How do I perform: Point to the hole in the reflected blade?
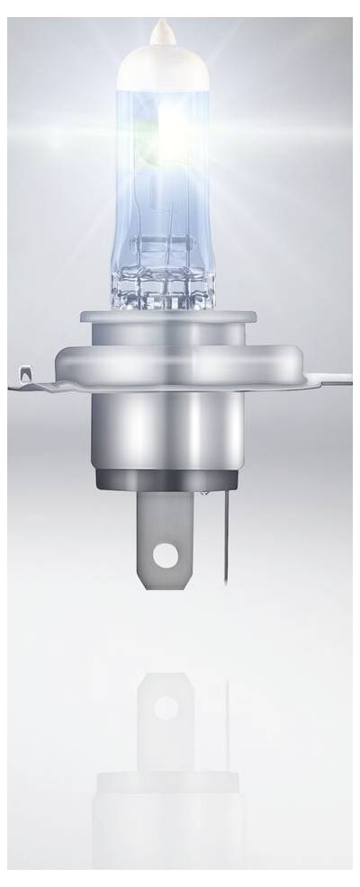tap(166, 707)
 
